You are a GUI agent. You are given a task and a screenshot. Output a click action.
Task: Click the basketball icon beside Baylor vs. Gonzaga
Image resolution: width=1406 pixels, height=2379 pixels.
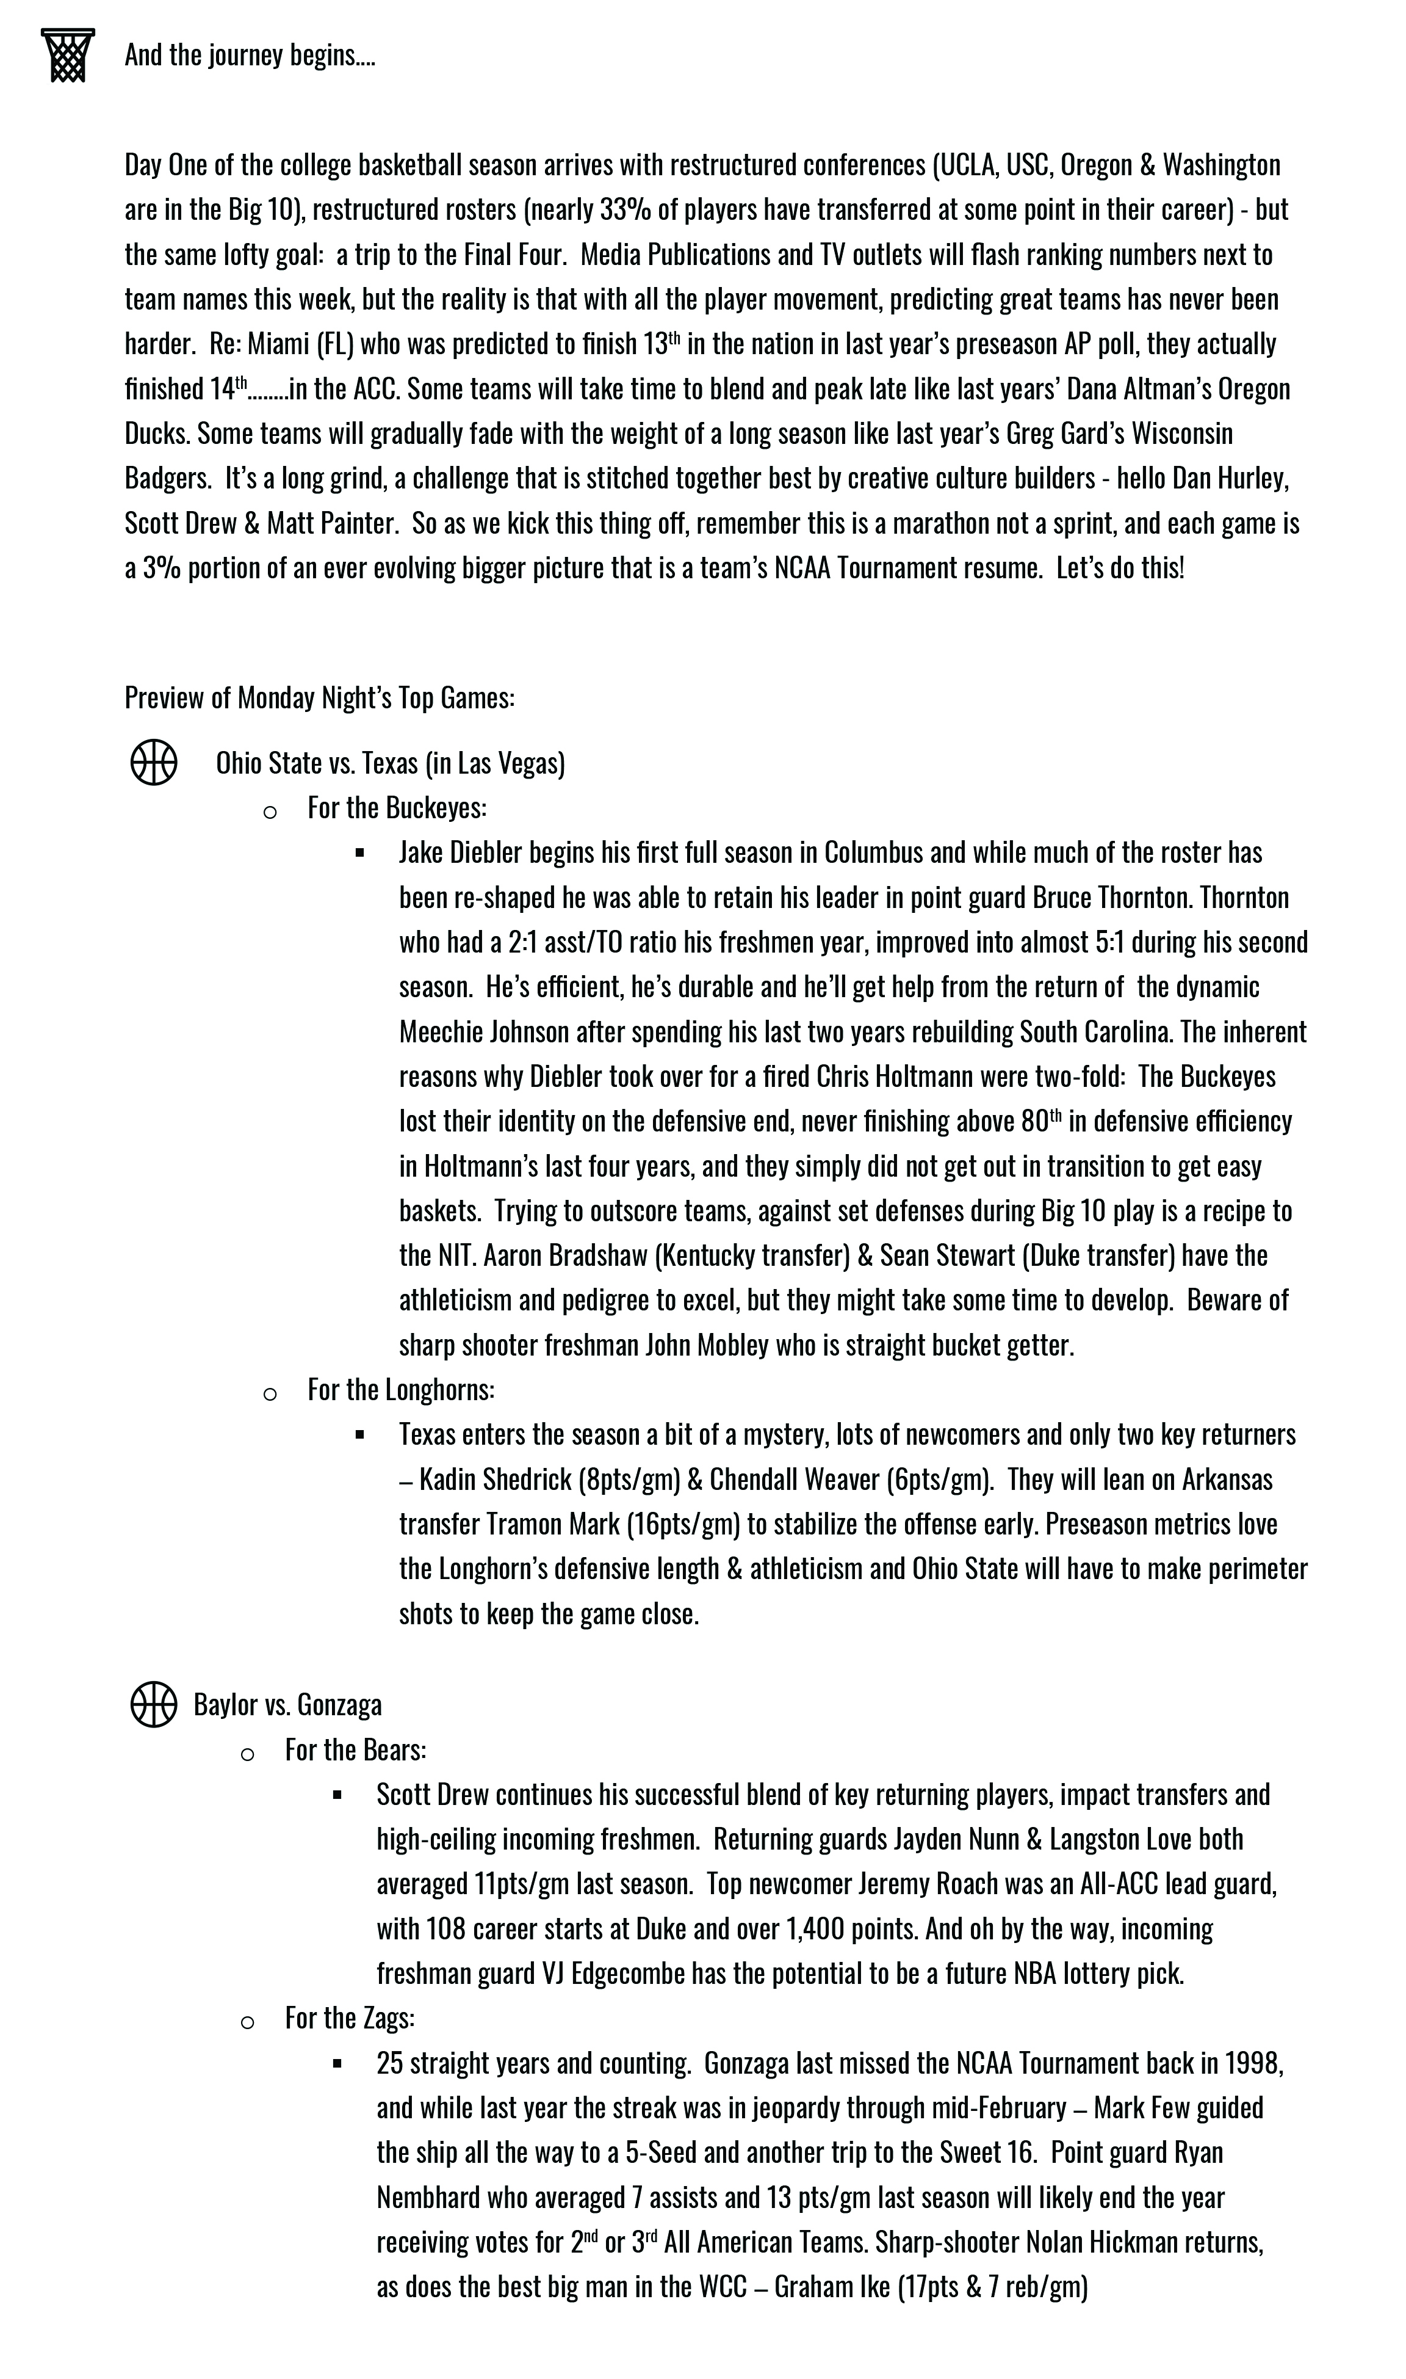pos(154,1704)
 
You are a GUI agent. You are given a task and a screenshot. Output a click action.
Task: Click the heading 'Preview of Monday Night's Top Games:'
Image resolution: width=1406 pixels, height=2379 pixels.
pos(319,697)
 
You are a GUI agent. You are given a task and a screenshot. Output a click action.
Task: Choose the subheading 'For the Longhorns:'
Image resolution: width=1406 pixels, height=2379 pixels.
pos(401,1390)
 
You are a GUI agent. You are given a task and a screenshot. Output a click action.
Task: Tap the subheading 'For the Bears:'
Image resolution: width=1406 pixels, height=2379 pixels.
pos(355,1749)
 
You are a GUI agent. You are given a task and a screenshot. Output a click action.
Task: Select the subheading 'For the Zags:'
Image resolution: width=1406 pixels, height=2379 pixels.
pos(350,2018)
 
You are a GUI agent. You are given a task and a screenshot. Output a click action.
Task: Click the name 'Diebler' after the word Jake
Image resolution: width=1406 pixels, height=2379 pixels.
pos(485,852)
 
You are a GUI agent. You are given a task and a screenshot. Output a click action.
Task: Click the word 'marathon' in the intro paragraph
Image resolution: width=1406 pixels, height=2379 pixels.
pos(799,523)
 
